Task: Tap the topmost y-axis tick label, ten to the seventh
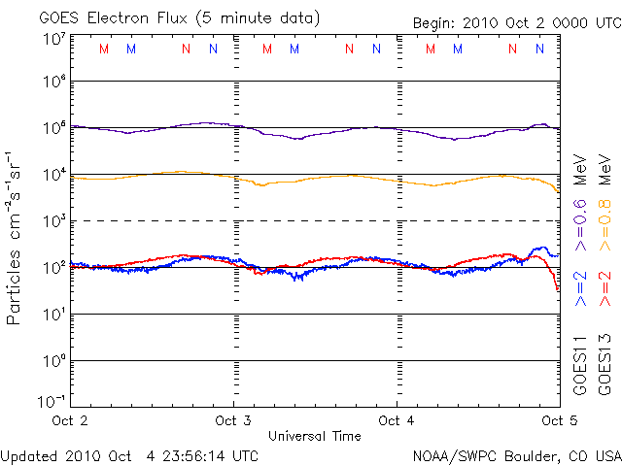click(x=53, y=38)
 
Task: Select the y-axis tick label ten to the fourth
click(x=53, y=175)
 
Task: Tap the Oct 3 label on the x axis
click(x=233, y=420)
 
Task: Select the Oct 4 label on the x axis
click(x=397, y=420)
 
